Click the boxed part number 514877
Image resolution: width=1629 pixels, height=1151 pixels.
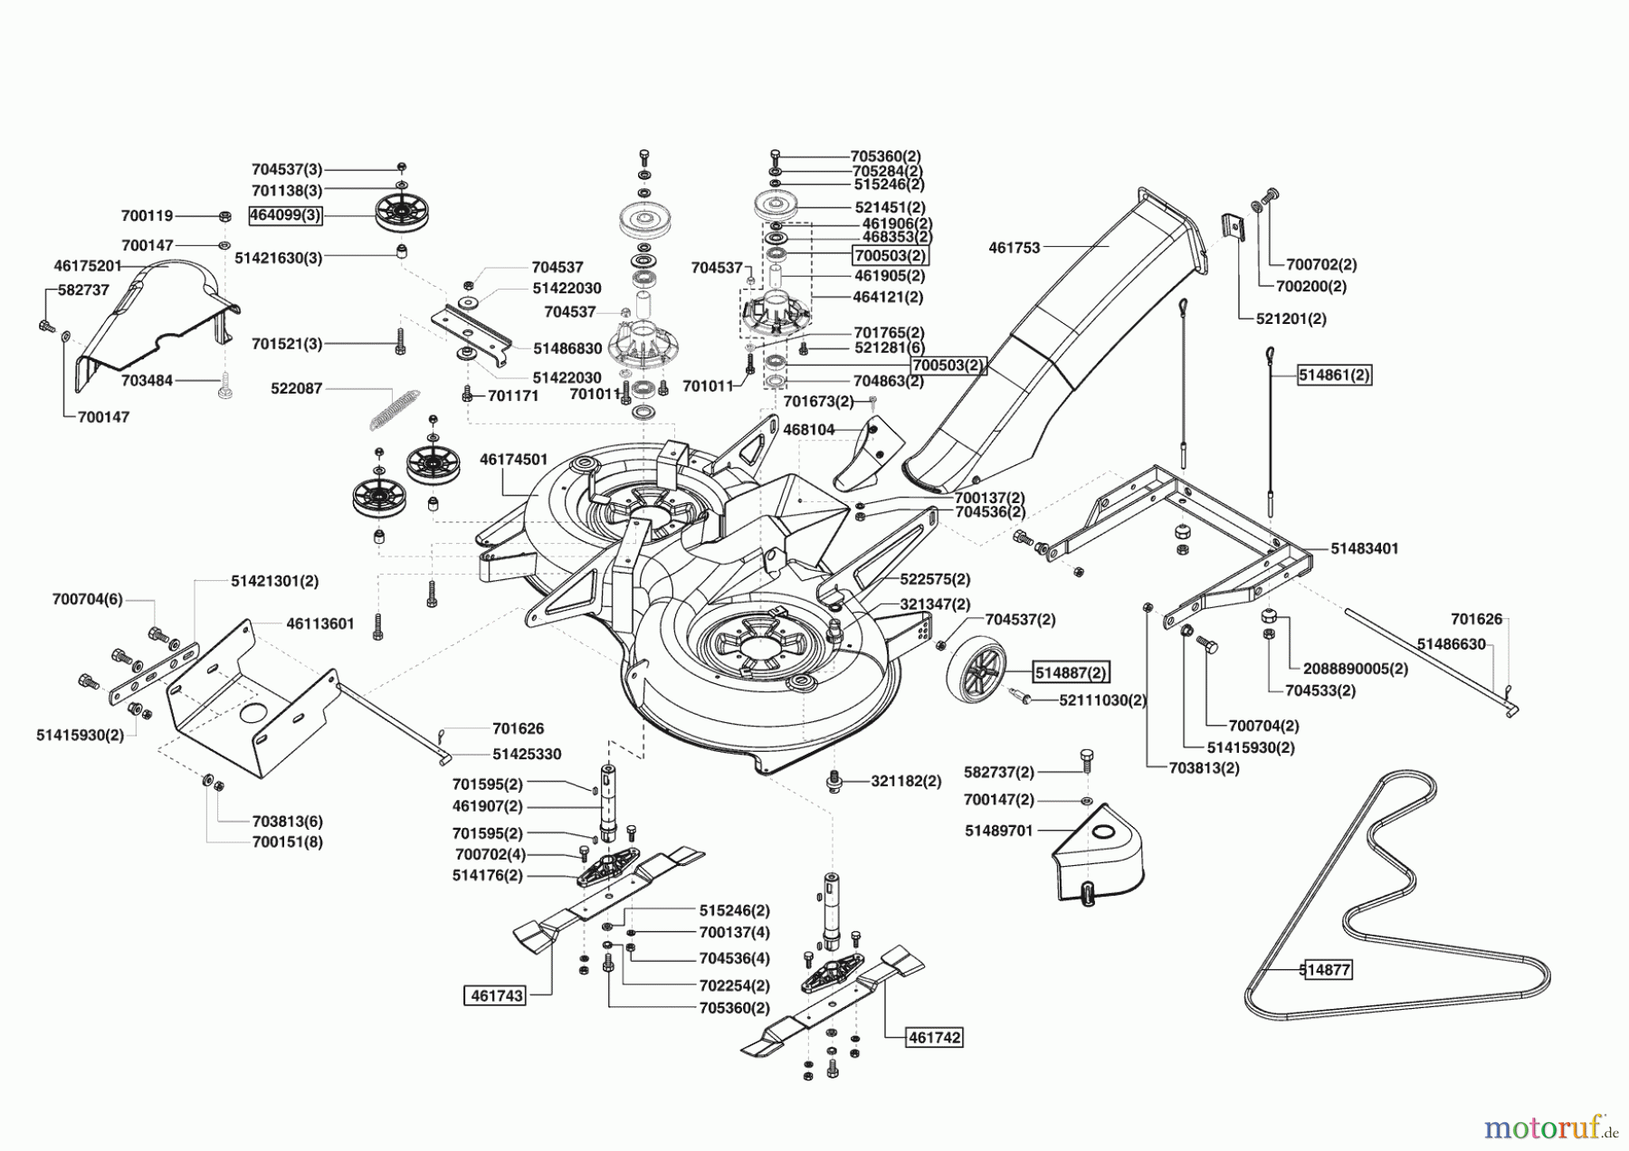[1325, 970]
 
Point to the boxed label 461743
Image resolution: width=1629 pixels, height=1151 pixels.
[493, 995]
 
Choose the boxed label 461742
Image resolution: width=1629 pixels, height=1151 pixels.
[935, 1038]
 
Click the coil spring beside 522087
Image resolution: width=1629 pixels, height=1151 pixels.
[395, 409]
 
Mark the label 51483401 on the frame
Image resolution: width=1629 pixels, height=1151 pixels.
[1364, 548]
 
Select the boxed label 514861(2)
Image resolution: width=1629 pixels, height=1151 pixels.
[1334, 375]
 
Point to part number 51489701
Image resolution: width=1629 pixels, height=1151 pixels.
[998, 830]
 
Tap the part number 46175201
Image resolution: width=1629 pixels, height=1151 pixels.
[88, 266]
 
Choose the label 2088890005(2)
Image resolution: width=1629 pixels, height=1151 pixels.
[1356, 669]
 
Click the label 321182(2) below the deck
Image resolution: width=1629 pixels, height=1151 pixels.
[906, 781]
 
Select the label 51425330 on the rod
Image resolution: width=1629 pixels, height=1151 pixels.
[527, 754]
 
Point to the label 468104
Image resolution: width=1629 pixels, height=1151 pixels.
[808, 430]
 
